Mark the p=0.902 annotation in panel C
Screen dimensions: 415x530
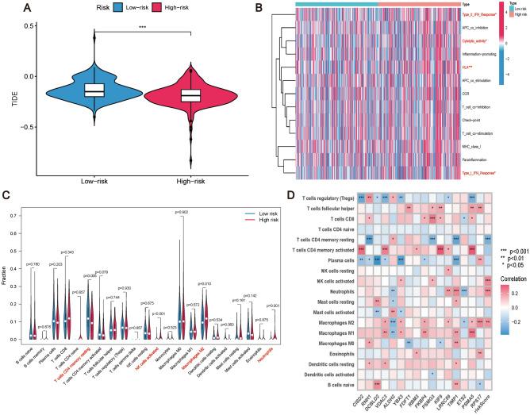[182, 213]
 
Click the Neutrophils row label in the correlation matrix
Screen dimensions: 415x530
[339, 291]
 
